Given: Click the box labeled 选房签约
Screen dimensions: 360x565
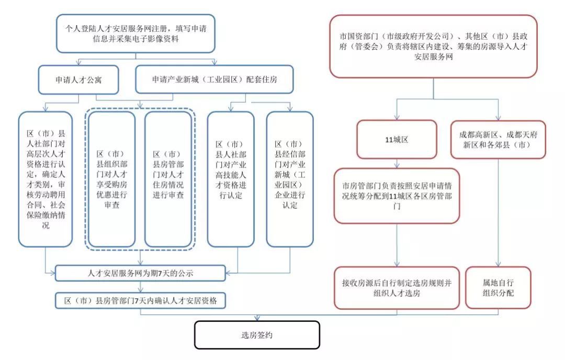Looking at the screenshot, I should click(x=256, y=335).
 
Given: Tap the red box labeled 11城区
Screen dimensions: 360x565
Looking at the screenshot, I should click(x=396, y=139).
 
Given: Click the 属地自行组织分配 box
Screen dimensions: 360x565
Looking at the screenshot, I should click(x=498, y=287).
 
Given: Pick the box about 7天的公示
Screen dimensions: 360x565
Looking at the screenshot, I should click(x=140, y=273).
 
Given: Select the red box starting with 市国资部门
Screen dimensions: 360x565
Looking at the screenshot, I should click(x=433, y=47).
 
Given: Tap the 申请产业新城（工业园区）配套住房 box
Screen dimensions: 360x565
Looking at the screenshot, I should click(x=214, y=81).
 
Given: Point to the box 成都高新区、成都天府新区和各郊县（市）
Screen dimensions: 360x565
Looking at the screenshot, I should click(x=498, y=139).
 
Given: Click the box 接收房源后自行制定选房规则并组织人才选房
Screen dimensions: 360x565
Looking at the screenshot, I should click(x=397, y=287).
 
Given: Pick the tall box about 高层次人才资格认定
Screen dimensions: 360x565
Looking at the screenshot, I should click(x=45, y=179).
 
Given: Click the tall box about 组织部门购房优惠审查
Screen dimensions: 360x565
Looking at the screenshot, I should click(x=111, y=179).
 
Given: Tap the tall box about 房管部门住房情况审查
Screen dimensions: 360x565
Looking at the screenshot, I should click(x=168, y=179).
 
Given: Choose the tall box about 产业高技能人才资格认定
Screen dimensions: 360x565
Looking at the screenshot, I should click(x=231, y=179).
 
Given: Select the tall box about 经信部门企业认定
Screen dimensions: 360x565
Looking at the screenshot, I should click(x=289, y=179).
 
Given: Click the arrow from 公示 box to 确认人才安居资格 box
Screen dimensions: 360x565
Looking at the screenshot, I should click(x=140, y=286).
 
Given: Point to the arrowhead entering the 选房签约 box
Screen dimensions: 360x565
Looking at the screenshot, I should click(x=256, y=318).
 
